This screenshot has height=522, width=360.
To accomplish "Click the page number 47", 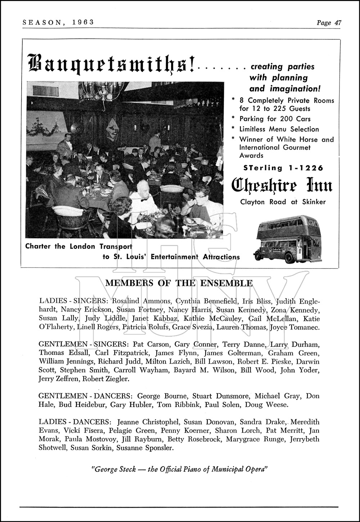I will point(337,23).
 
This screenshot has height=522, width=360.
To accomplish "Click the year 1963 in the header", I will point(82,22).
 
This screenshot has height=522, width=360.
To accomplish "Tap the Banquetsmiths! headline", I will point(111,63).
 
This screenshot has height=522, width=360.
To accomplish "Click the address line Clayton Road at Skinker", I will point(283,202).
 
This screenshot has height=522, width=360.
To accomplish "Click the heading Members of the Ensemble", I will point(179,283).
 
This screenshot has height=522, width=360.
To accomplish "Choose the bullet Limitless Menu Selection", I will point(279,129).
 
